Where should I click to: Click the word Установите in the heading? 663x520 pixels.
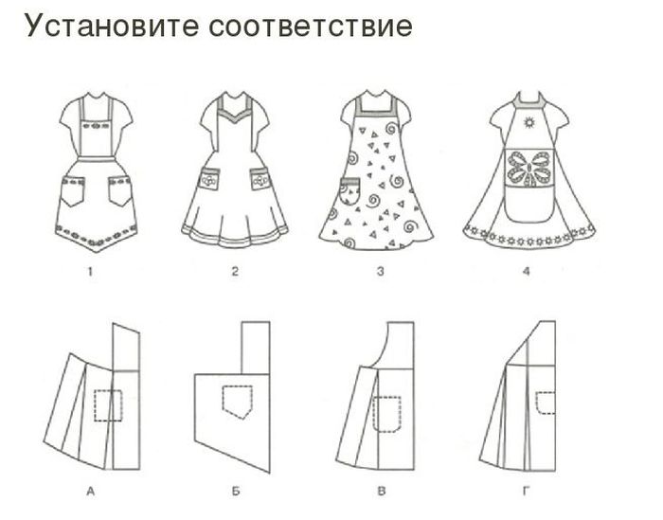point(111,26)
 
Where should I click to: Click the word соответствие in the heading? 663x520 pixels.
point(311,27)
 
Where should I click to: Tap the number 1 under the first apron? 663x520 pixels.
point(90,271)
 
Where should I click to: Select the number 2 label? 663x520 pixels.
point(235,271)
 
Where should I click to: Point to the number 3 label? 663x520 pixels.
point(381,271)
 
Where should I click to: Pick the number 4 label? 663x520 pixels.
point(526,271)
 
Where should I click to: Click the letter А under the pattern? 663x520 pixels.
point(90,492)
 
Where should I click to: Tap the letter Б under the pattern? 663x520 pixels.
point(236,492)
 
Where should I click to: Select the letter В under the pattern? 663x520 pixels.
point(382,492)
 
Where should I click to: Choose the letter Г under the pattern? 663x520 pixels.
point(526,492)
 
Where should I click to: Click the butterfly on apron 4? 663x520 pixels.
point(529,170)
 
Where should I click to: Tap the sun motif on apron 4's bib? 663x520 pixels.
point(529,122)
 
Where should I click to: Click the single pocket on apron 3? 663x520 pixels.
point(350,191)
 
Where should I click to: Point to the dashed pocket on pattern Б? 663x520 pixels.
point(237,402)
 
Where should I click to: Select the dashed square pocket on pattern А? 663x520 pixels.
point(108,405)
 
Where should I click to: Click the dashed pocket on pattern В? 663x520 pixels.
point(386,414)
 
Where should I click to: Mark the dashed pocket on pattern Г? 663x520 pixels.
point(546,403)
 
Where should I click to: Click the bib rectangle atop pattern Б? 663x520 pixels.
point(256,348)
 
